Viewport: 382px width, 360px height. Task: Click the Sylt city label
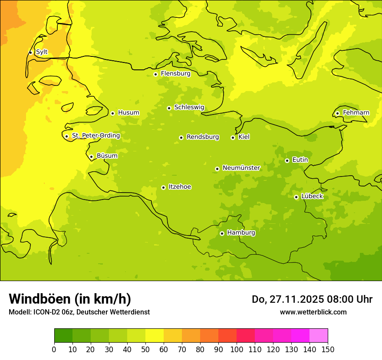click(42, 52)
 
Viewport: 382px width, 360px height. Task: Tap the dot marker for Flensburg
click(155, 74)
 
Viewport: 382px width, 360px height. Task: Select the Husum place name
click(128, 113)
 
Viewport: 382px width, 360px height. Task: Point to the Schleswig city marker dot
click(169, 108)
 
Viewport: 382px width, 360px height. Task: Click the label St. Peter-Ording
click(96, 136)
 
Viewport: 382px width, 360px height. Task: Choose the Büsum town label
click(107, 156)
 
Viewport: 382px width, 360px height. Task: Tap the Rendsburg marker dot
click(181, 137)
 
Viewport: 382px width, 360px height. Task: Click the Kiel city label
click(244, 137)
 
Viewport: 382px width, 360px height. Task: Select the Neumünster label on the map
click(241, 168)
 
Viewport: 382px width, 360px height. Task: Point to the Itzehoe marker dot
click(163, 187)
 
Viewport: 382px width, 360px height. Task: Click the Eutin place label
click(300, 160)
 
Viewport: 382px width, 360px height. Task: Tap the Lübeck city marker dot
click(296, 197)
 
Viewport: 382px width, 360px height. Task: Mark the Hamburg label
click(241, 233)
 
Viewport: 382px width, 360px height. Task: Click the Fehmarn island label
click(356, 113)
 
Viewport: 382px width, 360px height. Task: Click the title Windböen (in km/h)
click(70, 299)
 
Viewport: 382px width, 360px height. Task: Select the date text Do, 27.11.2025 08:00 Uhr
click(312, 299)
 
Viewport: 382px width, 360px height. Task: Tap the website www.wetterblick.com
click(313, 312)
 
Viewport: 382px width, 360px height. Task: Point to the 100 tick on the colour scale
click(237, 349)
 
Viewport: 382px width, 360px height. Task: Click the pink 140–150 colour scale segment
click(319, 336)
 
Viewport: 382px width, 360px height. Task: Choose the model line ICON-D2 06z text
click(79, 312)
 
